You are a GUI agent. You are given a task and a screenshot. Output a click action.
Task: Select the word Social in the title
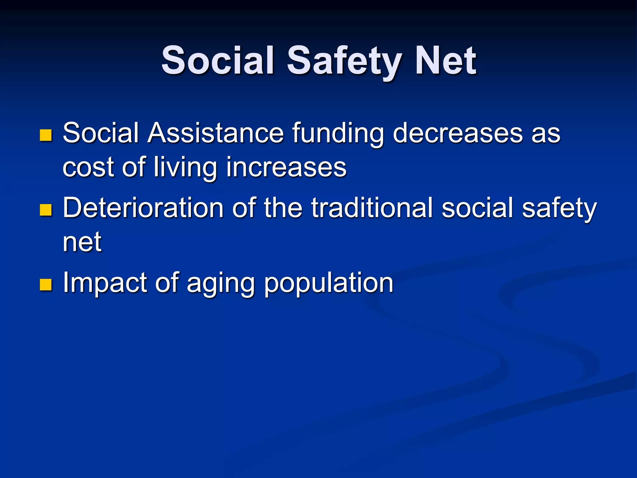tap(218, 61)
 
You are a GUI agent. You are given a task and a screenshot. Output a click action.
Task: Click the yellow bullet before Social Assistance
tap(46, 135)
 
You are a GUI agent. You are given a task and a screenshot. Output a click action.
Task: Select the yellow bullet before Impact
tap(46, 284)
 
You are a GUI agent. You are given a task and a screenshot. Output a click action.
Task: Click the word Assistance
tap(216, 133)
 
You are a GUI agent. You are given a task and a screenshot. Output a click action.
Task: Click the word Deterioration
tap(143, 208)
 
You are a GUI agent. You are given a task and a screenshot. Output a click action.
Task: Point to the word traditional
tap(372, 208)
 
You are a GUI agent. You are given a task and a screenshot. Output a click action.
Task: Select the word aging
tap(221, 284)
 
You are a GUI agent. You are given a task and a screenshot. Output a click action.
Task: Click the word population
tap(329, 284)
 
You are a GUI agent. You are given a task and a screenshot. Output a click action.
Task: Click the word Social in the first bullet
tap(100, 133)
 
